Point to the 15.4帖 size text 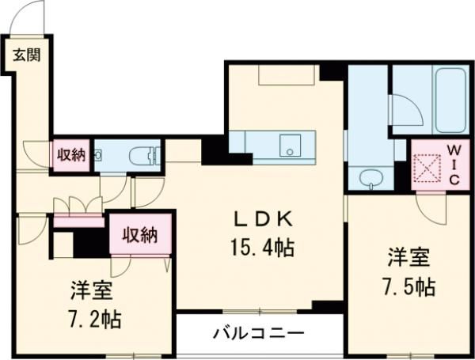[x=264, y=248]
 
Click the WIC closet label [x=454, y=164]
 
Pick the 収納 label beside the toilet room [x=70, y=154]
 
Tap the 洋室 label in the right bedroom [x=408, y=257]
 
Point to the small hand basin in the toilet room [x=98, y=154]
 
